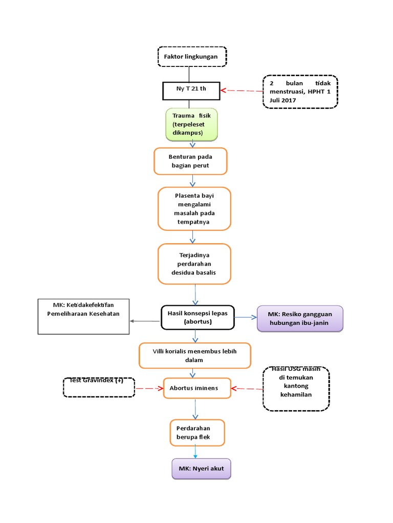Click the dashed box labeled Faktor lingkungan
pyautogui.click(x=191, y=57)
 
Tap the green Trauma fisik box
pyautogui.click(x=191, y=124)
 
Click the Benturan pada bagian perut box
pyautogui.click(x=190, y=161)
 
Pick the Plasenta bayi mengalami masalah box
pyautogui.click(x=194, y=209)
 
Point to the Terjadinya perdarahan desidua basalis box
pyautogui.click(x=194, y=264)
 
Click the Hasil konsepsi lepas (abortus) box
pyautogui.click(x=196, y=317)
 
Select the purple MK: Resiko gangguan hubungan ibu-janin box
pyautogui.click(x=299, y=319)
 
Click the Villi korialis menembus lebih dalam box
pyautogui.click(x=195, y=355)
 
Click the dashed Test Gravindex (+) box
pyautogui.click(x=99, y=387)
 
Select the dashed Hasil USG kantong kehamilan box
pyautogui.click(x=296, y=388)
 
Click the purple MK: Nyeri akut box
pyautogui.click(x=202, y=468)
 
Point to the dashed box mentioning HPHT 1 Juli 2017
pyautogui.click(x=300, y=92)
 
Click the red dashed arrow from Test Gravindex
pyautogui.click(x=149, y=388)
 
